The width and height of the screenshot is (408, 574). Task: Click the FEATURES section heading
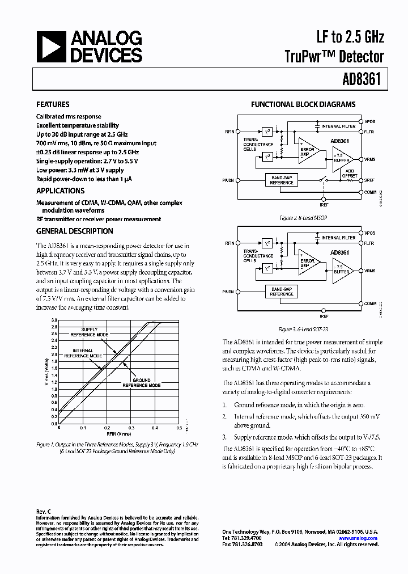pos(53,104)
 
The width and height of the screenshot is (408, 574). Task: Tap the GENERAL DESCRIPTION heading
pos(74,231)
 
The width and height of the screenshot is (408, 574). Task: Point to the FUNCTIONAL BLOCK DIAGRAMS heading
pos(303,104)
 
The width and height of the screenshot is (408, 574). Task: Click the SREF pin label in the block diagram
pos(369,180)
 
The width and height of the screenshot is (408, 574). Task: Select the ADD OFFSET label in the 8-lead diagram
pos(350,173)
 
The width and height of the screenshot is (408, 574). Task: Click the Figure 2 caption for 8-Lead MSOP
pos(303,217)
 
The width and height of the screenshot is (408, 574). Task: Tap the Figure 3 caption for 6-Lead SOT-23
pos(303,329)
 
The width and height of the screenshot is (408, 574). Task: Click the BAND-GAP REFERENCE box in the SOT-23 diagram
pos(282,292)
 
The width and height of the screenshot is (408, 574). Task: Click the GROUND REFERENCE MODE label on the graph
pos(142,382)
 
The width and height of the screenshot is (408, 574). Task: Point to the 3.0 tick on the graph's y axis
pos(54,320)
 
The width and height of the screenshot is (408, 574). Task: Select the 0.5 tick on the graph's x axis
pos(178,428)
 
